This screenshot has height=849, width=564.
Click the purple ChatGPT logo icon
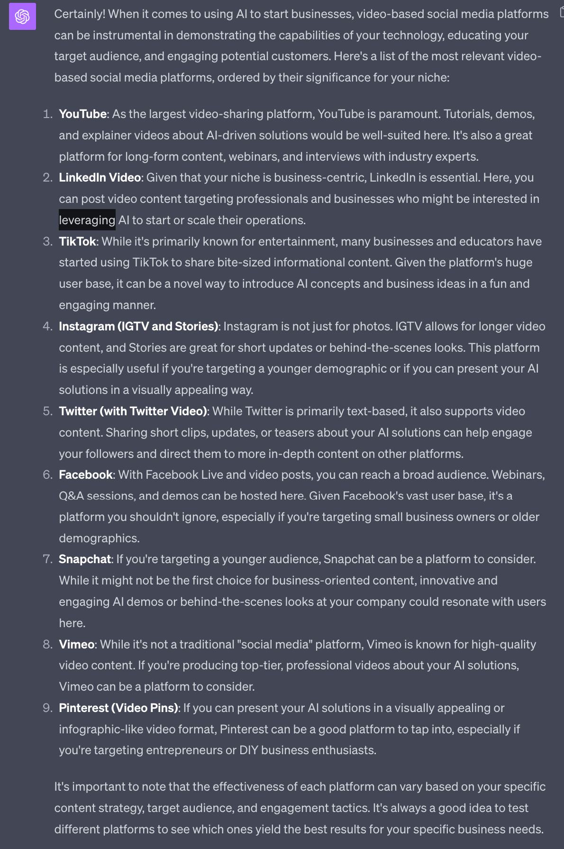pyautogui.click(x=22, y=17)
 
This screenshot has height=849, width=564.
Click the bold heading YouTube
pyautogui.click(x=82, y=114)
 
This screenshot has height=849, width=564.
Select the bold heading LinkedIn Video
pyautogui.click(x=100, y=178)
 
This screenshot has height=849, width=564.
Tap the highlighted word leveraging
pyautogui.click(x=87, y=220)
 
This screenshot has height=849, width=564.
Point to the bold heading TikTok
pyautogui.click(x=77, y=242)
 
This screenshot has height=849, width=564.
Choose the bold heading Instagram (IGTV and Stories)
pyautogui.click(x=138, y=327)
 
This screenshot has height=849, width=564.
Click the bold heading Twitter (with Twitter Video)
pyautogui.click(x=133, y=411)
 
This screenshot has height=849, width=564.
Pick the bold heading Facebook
pyautogui.click(x=86, y=475)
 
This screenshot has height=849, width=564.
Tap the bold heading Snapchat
pyautogui.click(x=85, y=559)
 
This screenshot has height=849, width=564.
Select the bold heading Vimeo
pyautogui.click(x=76, y=645)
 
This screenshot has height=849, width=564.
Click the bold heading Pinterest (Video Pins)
pyautogui.click(x=118, y=708)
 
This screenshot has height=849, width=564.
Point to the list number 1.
pyautogui.click(x=47, y=114)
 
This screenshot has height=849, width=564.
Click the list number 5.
pyautogui.click(x=47, y=411)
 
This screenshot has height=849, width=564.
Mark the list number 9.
pyautogui.click(x=47, y=708)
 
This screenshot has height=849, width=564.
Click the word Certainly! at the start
pyautogui.click(x=80, y=14)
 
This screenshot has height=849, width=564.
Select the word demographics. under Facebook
pyautogui.click(x=99, y=539)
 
